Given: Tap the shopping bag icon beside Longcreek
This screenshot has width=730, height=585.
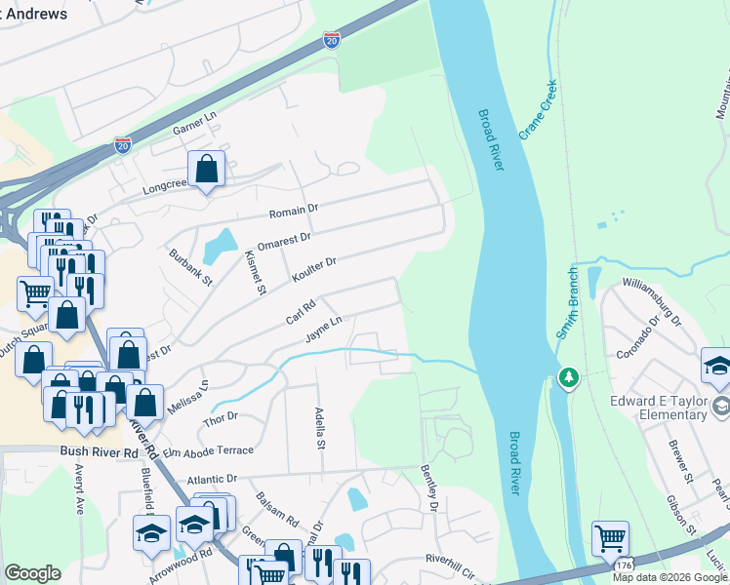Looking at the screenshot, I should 207,170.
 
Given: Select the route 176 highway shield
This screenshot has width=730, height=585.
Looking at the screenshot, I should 623,565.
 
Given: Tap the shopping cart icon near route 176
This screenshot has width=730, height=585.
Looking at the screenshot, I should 610,536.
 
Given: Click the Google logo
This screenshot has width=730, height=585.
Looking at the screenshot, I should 32,573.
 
